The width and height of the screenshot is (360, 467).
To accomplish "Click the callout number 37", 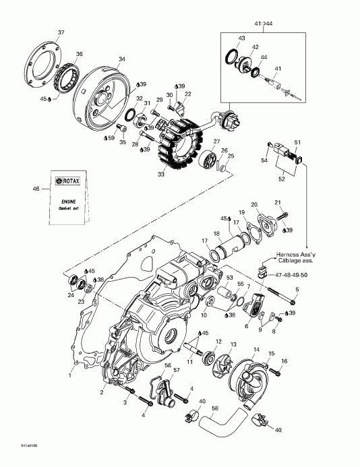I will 61,33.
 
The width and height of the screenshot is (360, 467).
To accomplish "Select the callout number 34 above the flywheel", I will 121,59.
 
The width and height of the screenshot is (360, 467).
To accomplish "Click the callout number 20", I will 254,205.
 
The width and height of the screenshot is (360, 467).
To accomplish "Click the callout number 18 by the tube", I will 217,234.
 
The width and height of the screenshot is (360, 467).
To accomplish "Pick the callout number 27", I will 217,142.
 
